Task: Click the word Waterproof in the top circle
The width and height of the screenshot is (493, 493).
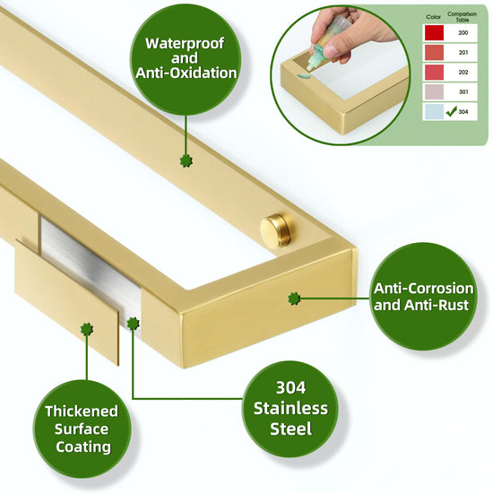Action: pyautogui.click(x=185, y=43)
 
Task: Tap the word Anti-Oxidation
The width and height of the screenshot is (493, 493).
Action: pyautogui.click(x=186, y=73)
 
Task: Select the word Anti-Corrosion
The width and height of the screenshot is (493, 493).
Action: pyautogui.click(x=423, y=289)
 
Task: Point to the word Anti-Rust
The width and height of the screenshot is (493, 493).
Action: pyautogui.click(x=437, y=305)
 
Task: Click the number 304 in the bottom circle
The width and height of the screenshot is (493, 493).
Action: pyautogui.click(x=290, y=387)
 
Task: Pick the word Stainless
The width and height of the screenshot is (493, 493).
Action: pyautogui.click(x=290, y=409)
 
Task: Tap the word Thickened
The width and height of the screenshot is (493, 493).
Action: pyautogui.click(x=82, y=411)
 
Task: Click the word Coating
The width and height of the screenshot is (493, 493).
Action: pyautogui.click(x=83, y=447)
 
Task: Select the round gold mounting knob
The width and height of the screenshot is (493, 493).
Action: pyautogui.click(x=277, y=229)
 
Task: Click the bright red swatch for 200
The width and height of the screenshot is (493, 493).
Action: pyautogui.click(x=434, y=32)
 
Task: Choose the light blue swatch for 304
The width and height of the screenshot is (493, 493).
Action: pyautogui.click(x=434, y=112)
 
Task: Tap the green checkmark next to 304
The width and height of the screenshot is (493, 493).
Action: pyautogui.click(x=451, y=111)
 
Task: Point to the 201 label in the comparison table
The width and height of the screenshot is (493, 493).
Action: pyautogui.click(x=463, y=53)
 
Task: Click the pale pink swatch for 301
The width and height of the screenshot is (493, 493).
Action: pyautogui.click(x=434, y=91)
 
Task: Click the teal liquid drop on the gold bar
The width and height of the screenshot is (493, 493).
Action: pyautogui.click(x=303, y=76)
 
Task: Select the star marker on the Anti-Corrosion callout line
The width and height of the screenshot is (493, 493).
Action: pyautogui.click(x=294, y=298)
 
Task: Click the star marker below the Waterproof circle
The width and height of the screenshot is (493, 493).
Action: pyautogui.click(x=186, y=161)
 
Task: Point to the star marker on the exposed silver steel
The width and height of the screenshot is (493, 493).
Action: pyautogui.click(x=133, y=324)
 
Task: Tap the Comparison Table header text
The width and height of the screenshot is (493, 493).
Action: pyautogui.click(x=462, y=17)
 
